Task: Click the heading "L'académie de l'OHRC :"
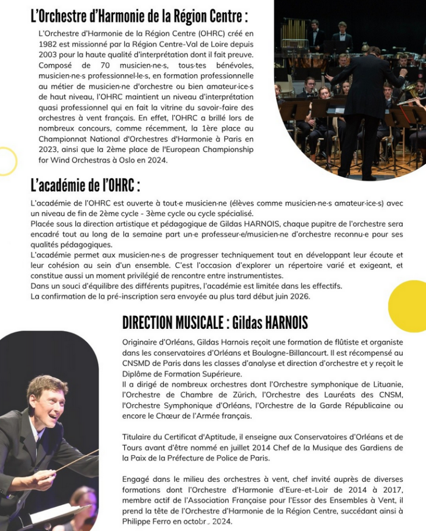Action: click(x=85, y=186)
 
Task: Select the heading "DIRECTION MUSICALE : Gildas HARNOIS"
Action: click(x=215, y=322)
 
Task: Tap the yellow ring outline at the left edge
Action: click(x=6, y=161)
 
